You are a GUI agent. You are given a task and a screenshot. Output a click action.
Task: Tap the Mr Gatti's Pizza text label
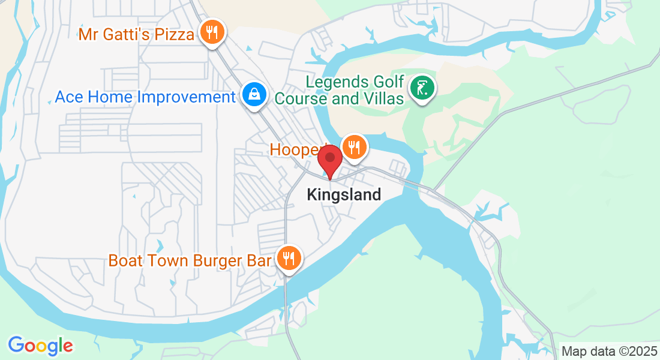click(x=136, y=34)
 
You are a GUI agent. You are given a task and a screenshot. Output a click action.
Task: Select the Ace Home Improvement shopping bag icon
click(x=254, y=94)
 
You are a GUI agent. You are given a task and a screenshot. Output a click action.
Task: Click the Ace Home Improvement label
click(x=145, y=97)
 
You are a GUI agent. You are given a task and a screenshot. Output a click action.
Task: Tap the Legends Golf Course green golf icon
click(x=422, y=88)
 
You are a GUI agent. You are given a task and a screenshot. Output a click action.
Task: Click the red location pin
click(x=329, y=161)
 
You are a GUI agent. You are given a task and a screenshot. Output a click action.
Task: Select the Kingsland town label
click(x=344, y=194)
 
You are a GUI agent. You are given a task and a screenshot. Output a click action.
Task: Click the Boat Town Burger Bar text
click(x=190, y=261)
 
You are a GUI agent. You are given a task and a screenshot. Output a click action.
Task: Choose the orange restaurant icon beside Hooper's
click(x=354, y=146)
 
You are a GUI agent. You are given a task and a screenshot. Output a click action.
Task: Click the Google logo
click(x=40, y=346)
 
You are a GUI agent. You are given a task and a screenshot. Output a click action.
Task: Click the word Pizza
click(x=173, y=34)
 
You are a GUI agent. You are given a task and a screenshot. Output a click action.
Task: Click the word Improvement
click(x=187, y=97)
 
